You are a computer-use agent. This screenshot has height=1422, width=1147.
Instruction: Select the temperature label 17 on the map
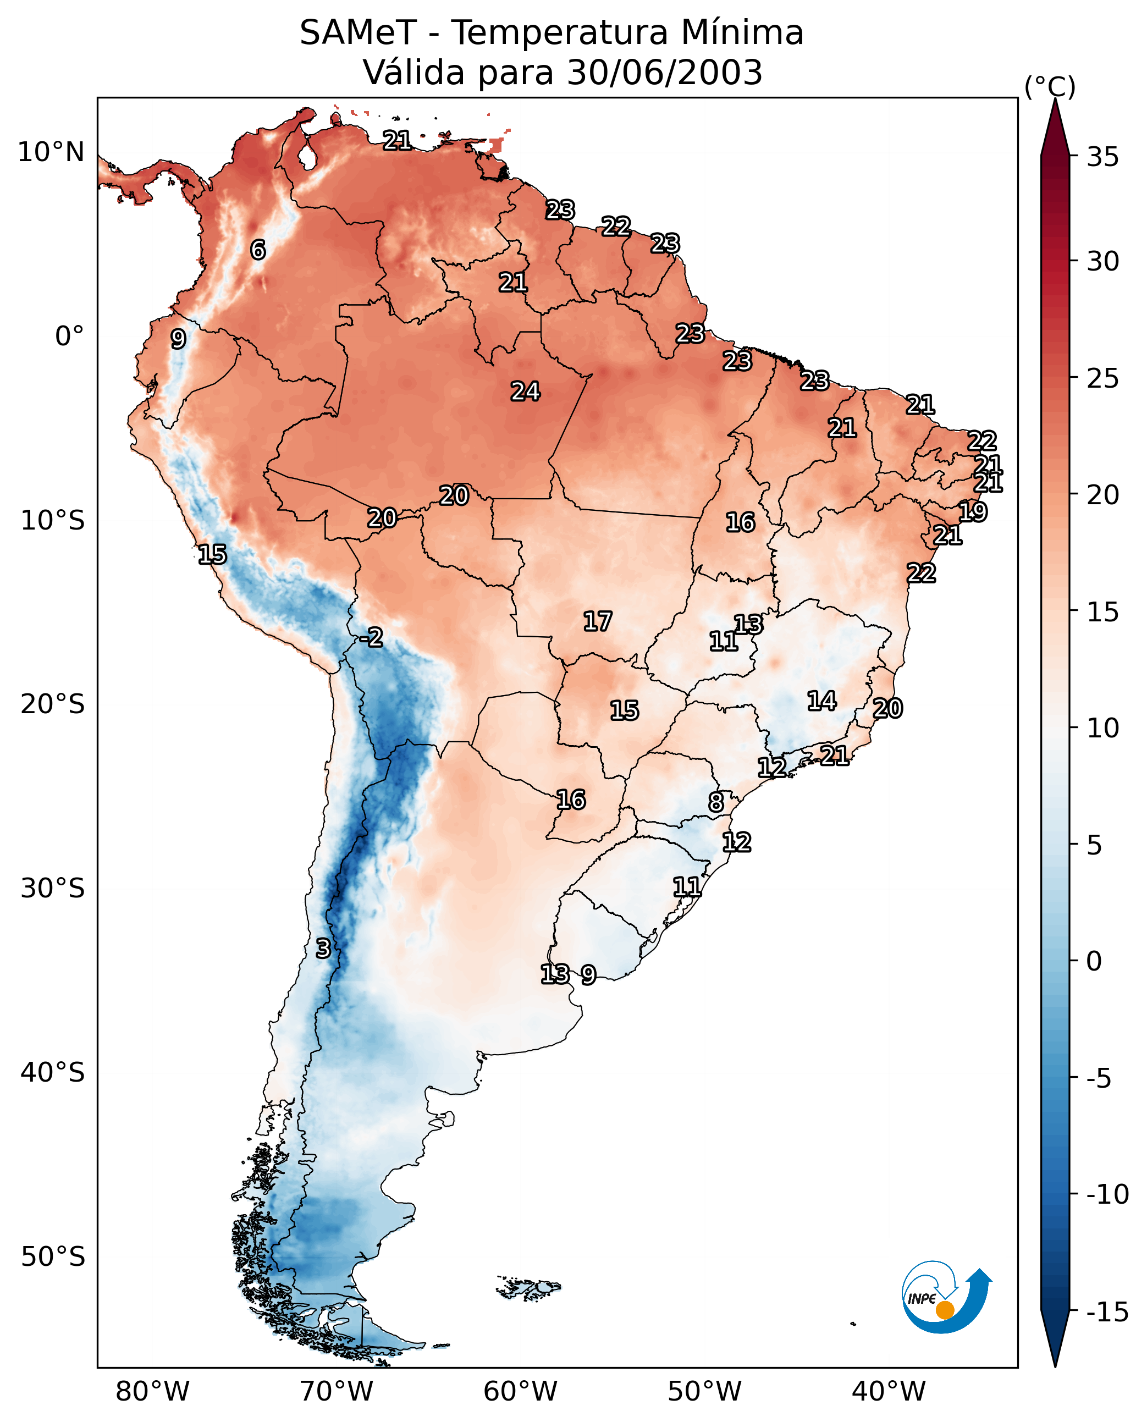(x=597, y=621)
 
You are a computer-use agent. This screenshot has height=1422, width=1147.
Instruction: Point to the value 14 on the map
(x=821, y=701)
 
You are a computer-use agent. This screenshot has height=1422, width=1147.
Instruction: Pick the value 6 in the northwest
(x=258, y=250)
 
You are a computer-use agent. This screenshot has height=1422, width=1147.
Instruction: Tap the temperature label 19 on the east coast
(x=973, y=511)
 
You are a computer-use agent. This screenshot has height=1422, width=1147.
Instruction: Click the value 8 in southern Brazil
(x=715, y=802)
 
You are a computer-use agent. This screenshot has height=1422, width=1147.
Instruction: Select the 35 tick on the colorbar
(x=1102, y=157)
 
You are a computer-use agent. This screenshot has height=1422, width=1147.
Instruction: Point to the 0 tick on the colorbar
(x=1094, y=961)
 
